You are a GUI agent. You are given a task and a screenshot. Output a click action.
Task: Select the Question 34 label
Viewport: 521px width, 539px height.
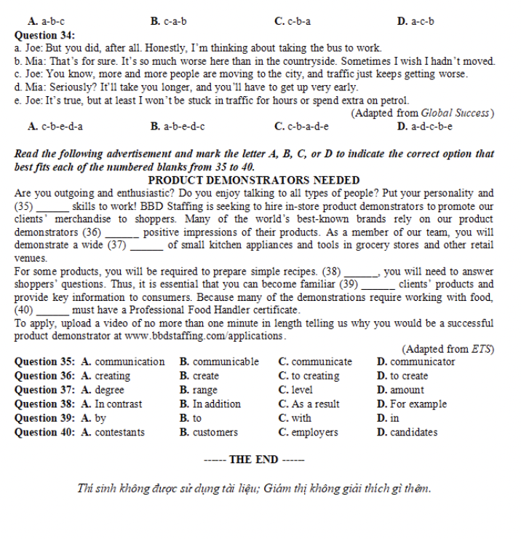pyautogui.click(x=44, y=35)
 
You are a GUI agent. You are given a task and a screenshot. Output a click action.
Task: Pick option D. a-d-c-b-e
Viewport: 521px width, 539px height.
pyautogui.click(x=425, y=126)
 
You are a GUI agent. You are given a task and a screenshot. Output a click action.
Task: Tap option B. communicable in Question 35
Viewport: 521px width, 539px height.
pyautogui.click(x=219, y=361)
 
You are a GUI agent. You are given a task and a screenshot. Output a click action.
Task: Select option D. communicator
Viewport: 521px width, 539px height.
pyautogui.click(x=416, y=361)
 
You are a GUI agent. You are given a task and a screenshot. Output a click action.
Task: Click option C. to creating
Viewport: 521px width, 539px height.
pyautogui.click(x=309, y=376)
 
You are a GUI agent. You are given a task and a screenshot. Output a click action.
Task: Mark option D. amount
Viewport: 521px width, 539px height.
pyautogui.click(x=401, y=390)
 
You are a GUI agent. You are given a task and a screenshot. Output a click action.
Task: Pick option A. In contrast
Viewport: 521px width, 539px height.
pyautogui.click(x=111, y=404)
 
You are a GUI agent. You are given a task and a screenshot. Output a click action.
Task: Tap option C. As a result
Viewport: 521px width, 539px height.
pyautogui.click(x=309, y=404)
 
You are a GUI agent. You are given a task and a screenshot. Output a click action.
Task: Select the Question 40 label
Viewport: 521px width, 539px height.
pyautogui.click(x=44, y=432)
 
